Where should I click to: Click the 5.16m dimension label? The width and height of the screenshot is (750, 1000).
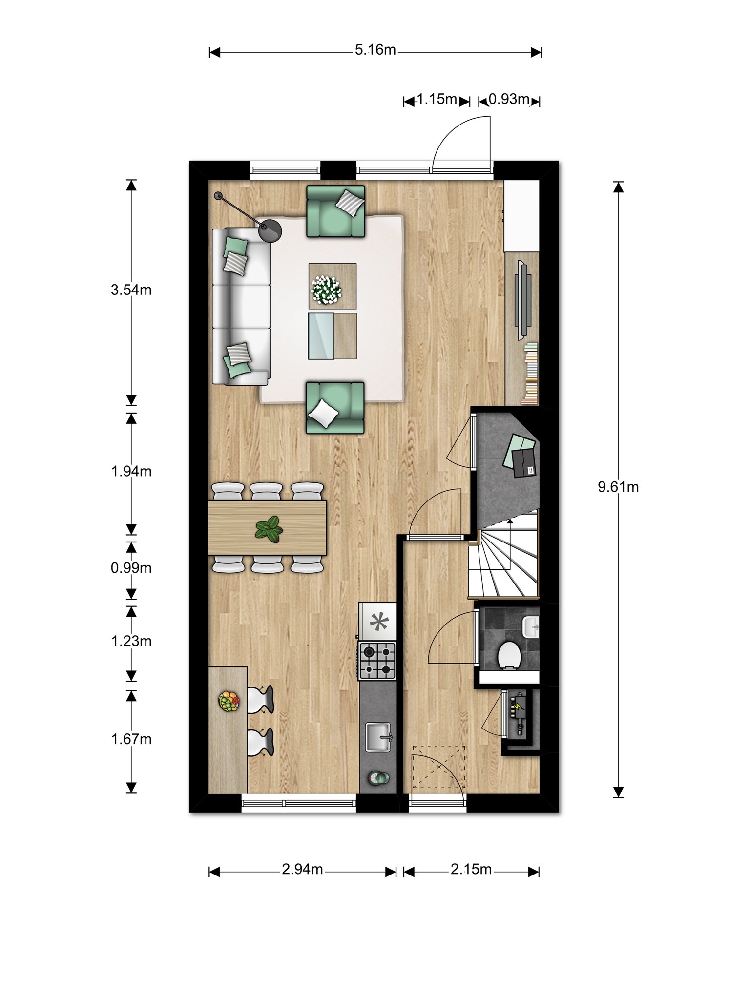pyautogui.click(x=375, y=50)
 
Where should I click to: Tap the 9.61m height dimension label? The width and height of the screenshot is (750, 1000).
pyautogui.click(x=618, y=487)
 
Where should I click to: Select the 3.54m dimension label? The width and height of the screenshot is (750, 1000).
pyautogui.click(x=131, y=290)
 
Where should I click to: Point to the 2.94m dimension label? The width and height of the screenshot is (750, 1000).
pyautogui.click(x=302, y=869)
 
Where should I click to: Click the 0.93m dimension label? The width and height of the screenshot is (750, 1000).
pyautogui.click(x=509, y=99)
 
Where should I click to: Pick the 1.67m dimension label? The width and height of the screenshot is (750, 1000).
pyautogui.click(x=131, y=739)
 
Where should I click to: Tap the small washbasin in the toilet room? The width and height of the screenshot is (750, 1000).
pyautogui.click(x=531, y=626)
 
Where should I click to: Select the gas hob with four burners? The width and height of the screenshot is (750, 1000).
pyautogui.click(x=377, y=661)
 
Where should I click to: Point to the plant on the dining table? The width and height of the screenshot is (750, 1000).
pyautogui.click(x=269, y=529)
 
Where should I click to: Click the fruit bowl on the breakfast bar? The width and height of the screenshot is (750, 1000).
pyautogui.click(x=229, y=702)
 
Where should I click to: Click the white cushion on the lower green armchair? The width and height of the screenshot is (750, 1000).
pyautogui.click(x=324, y=413)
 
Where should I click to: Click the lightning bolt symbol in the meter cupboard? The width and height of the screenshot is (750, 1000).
pyautogui.click(x=517, y=706)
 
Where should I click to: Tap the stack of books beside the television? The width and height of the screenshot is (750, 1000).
pyautogui.click(x=530, y=374)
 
